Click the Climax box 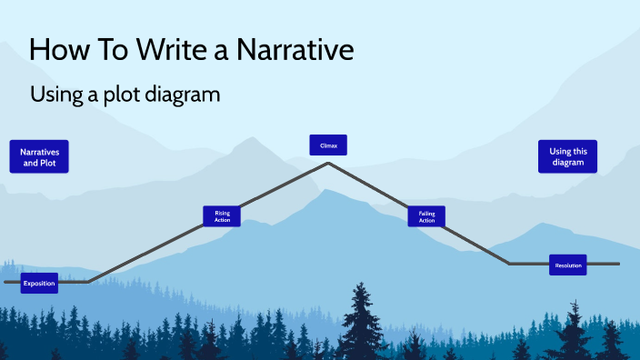click(x=328, y=144)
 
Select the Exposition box click(x=39, y=283)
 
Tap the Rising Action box click(x=222, y=215)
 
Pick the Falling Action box click(x=426, y=215)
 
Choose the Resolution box click(x=567, y=265)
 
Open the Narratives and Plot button click(x=39, y=156)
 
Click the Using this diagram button click(x=567, y=156)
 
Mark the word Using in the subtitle click(x=52, y=94)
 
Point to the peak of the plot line click(x=328, y=164)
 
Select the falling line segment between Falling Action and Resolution click(x=473, y=242)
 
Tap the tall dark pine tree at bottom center click(x=362, y=318)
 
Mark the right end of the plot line click(x=618, y=264)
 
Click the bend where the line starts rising click(x=87, y=282)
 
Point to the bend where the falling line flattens click(x=510, y=264)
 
